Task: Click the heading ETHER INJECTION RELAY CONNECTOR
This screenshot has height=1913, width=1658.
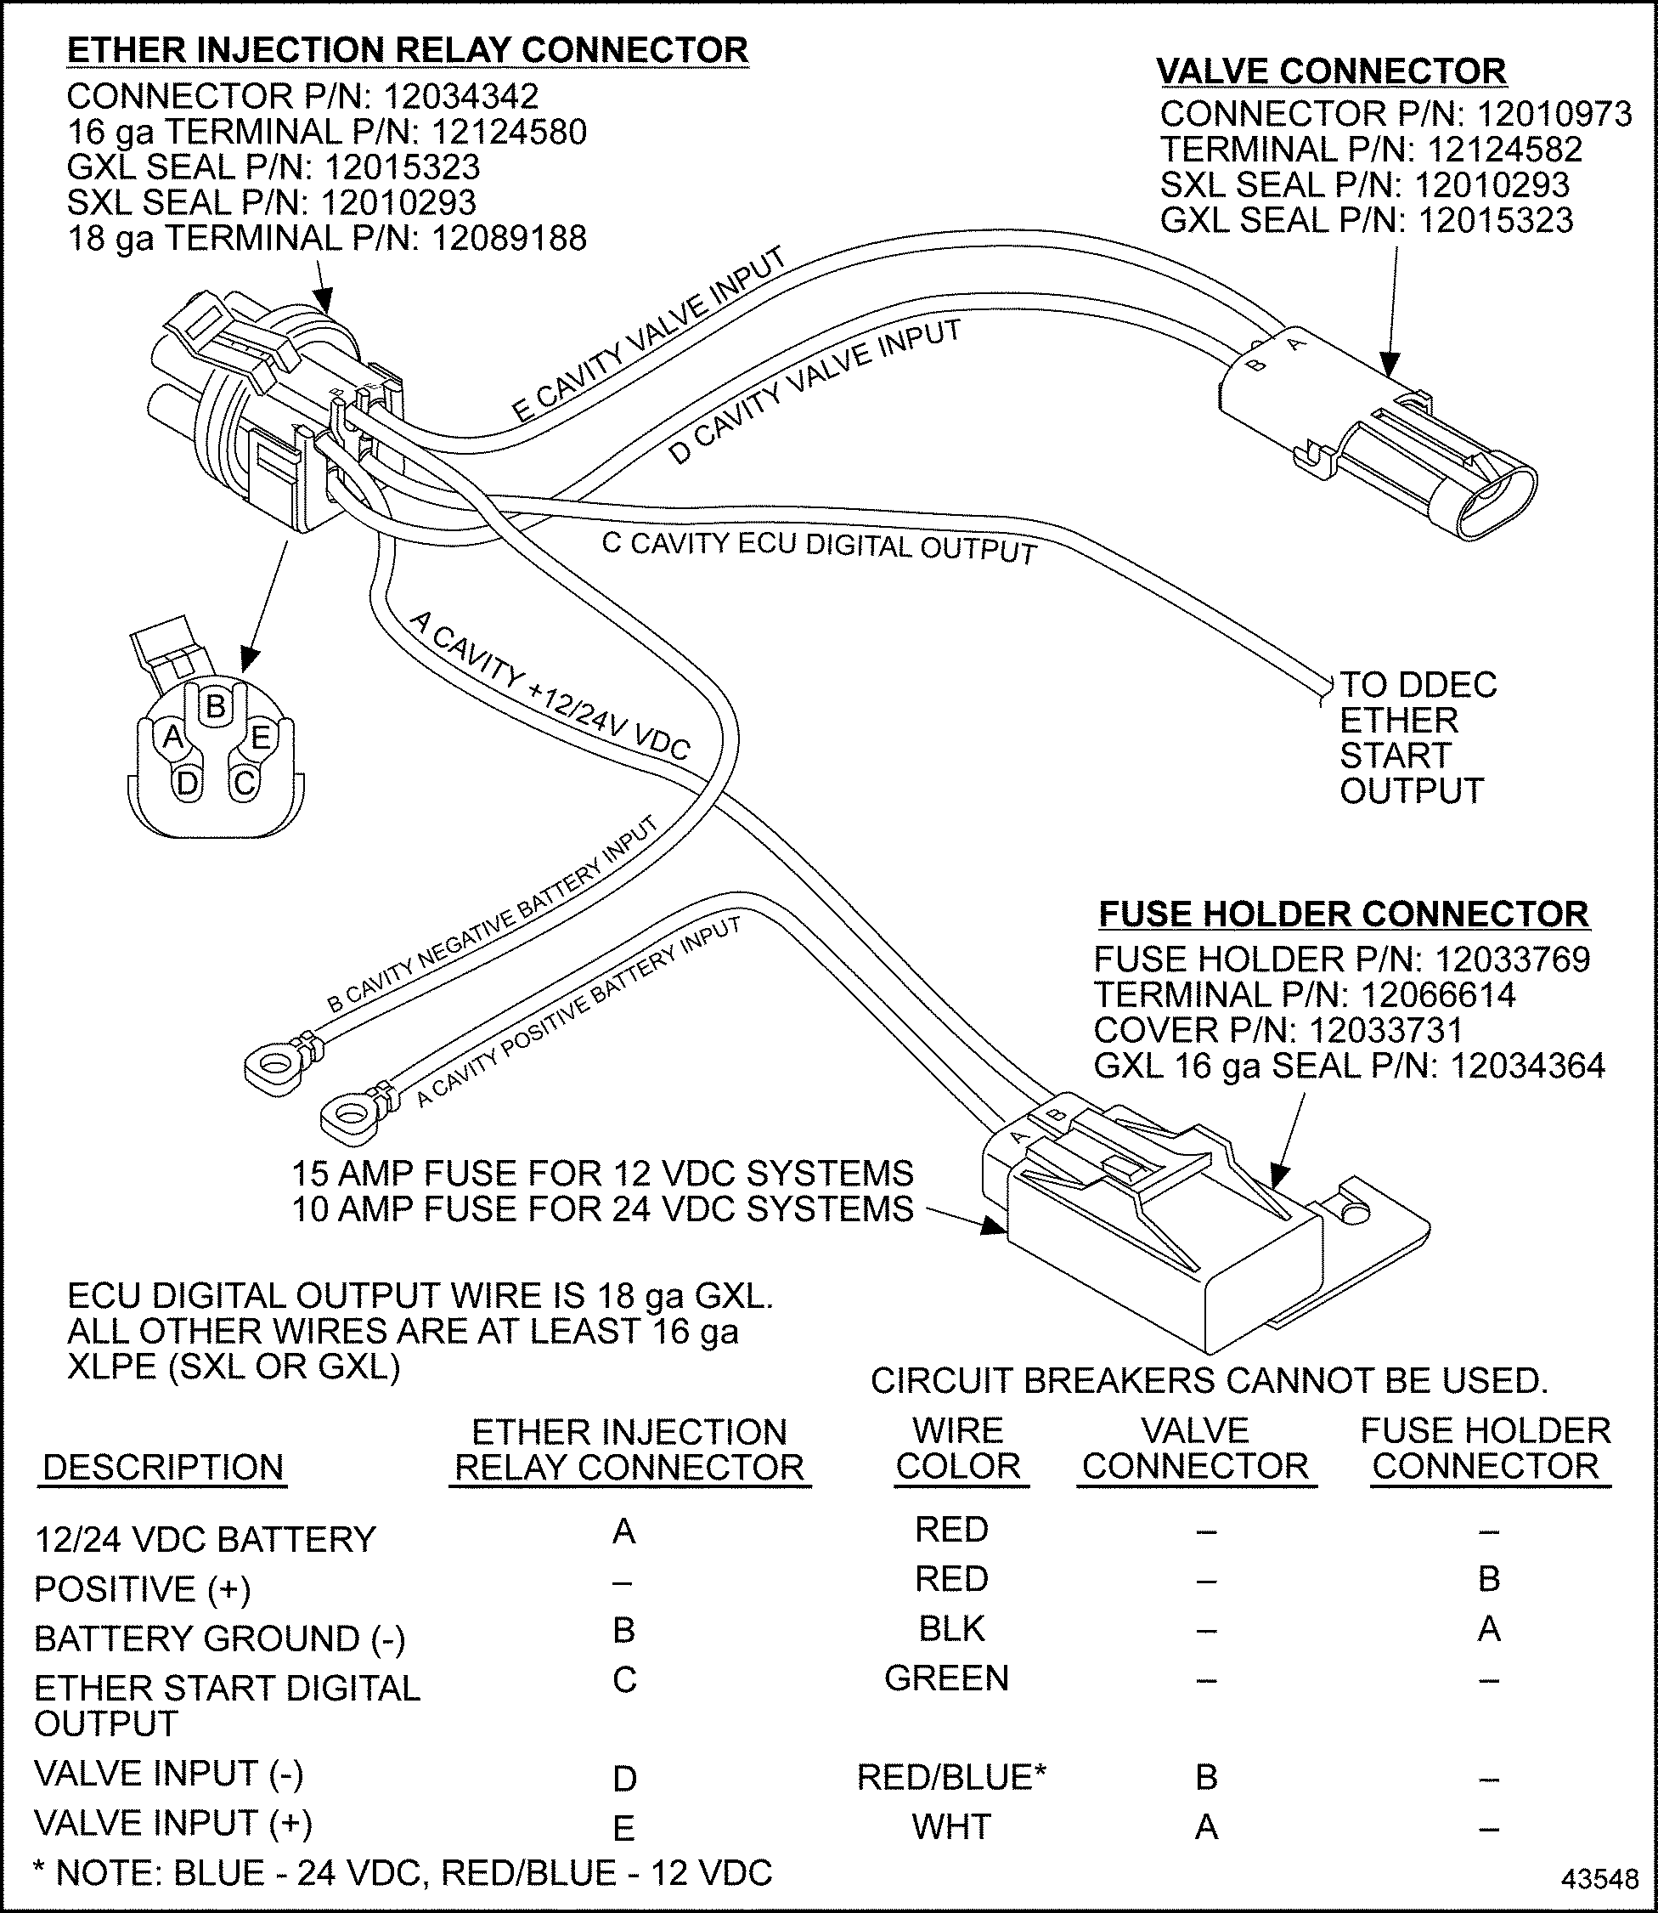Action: [407, 50]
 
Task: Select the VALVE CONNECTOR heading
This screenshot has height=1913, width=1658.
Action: [1331, 71]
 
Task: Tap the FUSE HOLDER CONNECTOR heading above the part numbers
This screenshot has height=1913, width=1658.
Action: [1344, 914]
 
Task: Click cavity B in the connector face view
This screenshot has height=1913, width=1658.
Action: [216, 706]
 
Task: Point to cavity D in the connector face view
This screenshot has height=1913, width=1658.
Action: [187, 783]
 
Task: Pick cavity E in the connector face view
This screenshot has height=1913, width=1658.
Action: [261, 737]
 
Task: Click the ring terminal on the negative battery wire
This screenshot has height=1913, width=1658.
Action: [274, 1064]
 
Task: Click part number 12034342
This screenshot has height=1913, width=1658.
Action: [460, 96]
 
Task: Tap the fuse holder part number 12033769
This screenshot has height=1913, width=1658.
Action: [1512, 959]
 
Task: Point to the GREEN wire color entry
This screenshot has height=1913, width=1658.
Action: [946, 1678]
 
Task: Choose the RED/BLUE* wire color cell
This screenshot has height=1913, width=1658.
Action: [951, 1777]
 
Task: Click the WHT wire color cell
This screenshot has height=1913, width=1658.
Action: [951, 1827]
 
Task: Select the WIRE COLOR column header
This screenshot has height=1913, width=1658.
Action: [957, 1448]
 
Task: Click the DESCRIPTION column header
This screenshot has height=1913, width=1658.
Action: [163, 1467]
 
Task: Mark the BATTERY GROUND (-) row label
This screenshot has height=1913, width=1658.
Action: [219, 1639]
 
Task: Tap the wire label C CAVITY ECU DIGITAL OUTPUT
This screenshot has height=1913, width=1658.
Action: [819, 547]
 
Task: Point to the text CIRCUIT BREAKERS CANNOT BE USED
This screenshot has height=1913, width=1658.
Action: [1210, 1381]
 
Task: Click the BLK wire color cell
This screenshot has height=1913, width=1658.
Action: [951, 1629]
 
